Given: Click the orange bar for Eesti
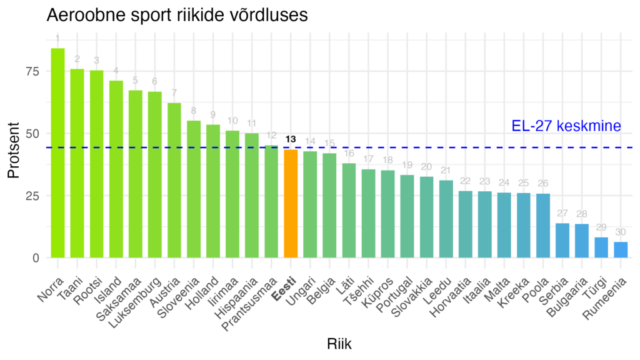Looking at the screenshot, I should [x=291, y=204].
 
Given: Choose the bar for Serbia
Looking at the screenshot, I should [x=562, y=241].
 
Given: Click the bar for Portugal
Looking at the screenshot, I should [x=407, y=216].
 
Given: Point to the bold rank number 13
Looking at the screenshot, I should [x=291, y=139].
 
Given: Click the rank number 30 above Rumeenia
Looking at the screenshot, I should [x=621, y=232].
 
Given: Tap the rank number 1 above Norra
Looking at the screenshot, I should [x=57, y=39].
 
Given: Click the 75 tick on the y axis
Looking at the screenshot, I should [x=32, y=71].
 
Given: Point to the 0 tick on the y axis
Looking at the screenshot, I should [x=36, y=257].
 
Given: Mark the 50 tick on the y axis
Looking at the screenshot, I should [x=32, y=133].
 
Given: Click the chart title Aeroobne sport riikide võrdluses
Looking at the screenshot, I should [x=177, y=15].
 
